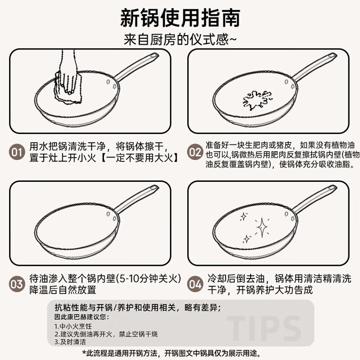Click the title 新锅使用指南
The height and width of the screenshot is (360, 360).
pyautogui.click(x=180, y=18)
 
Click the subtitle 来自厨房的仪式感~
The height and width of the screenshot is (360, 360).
pyautogui.click(x=180, y=40)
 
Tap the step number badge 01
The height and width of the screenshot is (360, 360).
pyautogui.click(x=17, y=152)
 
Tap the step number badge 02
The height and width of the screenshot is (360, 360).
pyautogui.click(x=195, y=152)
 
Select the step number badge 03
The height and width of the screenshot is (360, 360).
pyautogui.click(x=17, y=284)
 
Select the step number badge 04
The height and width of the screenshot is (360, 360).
pyautogui.click(x=195, y=284)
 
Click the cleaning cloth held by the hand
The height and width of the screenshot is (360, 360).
pyautogui.click(x=67, y=86)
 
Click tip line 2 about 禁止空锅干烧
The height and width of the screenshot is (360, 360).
pyautogui.click(x=106, y=334)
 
